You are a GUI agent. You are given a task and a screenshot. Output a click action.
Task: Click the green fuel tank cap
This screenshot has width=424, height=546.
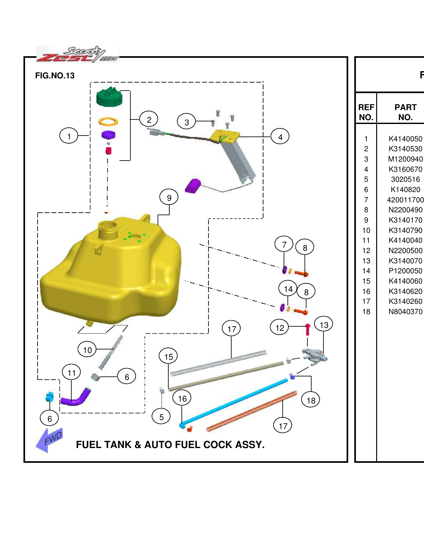tap(109, 97)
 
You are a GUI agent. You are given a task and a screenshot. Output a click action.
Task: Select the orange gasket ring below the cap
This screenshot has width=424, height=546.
tap(108, 121)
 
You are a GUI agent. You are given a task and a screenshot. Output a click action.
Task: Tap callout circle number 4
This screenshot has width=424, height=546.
tap(280, 137)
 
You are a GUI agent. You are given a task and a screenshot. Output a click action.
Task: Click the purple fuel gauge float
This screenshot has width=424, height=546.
tap(193, 186)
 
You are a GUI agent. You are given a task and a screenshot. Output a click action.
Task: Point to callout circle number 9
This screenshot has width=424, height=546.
tap(169, 198)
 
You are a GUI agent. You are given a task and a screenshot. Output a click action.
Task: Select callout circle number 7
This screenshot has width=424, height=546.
tap(284, 245)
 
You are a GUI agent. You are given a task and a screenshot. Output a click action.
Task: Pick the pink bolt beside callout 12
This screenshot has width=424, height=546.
tap(307, 330)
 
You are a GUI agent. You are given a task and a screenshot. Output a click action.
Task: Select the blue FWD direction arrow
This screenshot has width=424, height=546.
tap(49, 440)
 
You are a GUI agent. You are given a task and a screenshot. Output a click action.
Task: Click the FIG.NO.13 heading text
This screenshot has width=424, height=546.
tap(55, 75)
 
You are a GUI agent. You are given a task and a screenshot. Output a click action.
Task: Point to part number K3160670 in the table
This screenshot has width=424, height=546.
tap(405, 169)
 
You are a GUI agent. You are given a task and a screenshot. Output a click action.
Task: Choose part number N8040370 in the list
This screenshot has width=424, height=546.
tap(405, 312)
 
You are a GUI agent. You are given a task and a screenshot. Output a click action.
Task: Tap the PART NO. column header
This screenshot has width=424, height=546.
tap(405, 112)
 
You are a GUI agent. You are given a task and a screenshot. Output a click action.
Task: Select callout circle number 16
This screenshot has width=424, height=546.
tap(182, 399)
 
